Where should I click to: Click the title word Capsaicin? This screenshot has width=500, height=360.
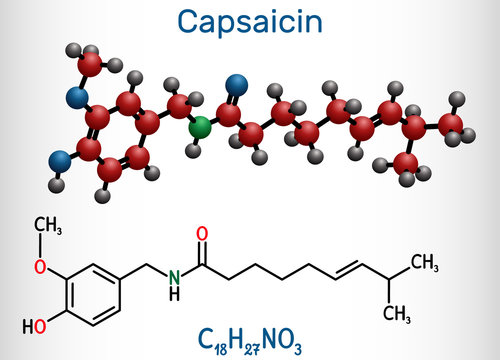coord(250,21)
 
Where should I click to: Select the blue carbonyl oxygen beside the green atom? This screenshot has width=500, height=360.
coord(236,83)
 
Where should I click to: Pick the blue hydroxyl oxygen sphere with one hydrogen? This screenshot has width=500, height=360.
coord(62,158)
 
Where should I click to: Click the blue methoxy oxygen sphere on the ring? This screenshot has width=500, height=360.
coord(76,97)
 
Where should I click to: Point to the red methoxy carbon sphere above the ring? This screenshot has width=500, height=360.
coord(89,67)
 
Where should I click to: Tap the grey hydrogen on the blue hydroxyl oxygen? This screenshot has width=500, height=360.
coord(56,184)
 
